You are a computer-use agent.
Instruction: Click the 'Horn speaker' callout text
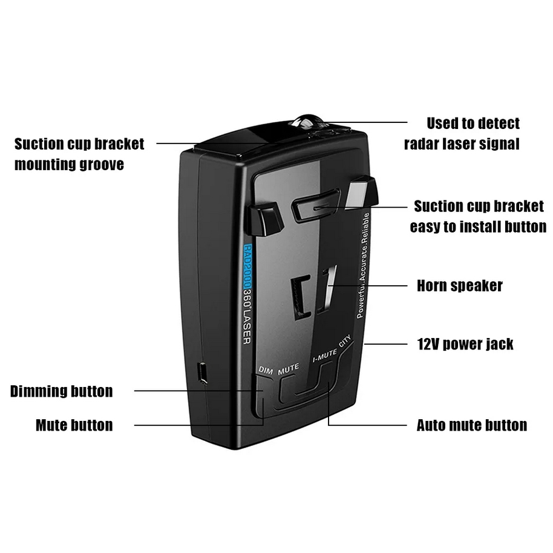coord(460,286)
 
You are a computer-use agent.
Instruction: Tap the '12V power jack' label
coord(465,344)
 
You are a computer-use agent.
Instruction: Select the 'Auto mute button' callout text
coord(472,425)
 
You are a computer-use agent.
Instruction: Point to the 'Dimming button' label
coord(61,391)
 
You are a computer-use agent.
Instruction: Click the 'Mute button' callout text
coord(74,425)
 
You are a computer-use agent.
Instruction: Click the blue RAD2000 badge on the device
coord(248,267)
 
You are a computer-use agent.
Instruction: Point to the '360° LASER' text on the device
coord(247,317)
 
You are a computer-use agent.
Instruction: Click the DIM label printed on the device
coord(266,370)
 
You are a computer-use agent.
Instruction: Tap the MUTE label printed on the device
coord(289,369)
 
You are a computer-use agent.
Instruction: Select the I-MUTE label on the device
coord(325,355)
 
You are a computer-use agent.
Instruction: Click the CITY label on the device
coord(345,341)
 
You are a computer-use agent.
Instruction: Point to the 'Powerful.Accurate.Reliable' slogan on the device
coord(363,265)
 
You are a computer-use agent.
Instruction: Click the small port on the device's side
coord(203,373)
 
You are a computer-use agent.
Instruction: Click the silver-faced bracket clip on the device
coord(361,193)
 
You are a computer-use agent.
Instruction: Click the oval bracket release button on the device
coord(316,205)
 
